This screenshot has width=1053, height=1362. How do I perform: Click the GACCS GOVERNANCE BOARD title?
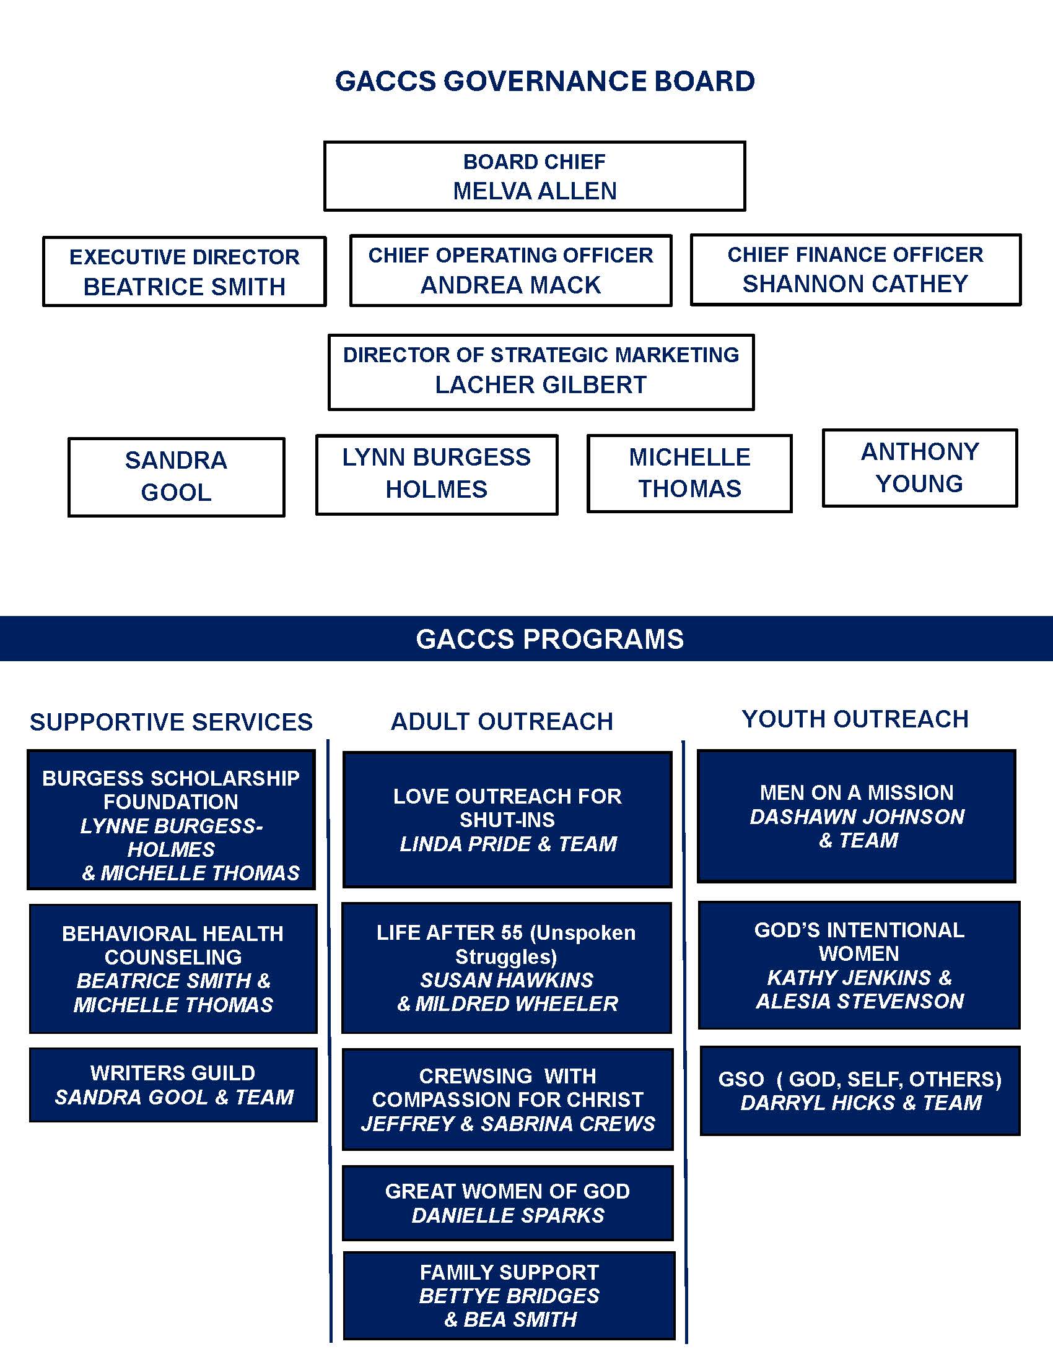(545, 82)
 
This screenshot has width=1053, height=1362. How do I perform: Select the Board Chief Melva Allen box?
(535, 176)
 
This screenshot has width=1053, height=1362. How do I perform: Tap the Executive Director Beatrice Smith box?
(184, 271)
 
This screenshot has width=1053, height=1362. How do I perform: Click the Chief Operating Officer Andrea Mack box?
(511, 270)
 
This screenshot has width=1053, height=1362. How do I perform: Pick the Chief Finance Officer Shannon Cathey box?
(856, 269)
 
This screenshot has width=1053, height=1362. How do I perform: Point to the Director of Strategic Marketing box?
(541, 372)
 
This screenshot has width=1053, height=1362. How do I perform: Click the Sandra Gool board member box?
(177, 477)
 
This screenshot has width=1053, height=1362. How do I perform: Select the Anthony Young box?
(920, 467)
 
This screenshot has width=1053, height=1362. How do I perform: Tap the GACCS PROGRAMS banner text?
(549, 640)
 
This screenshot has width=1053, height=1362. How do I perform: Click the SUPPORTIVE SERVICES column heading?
(172, 722)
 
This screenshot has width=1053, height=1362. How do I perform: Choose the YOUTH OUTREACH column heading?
(855, 719)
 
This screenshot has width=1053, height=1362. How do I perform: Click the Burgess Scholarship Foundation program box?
(171, 820)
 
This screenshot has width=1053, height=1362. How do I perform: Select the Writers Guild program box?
(173, 1085)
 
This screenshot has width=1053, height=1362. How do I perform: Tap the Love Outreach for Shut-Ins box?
(507, 820)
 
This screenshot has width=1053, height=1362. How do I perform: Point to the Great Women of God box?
(508, 1203)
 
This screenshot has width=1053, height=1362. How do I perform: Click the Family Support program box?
(509, 1295)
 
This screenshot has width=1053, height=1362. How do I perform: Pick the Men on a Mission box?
(857, 817)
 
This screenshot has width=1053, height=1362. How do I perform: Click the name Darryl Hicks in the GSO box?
(818, 1103)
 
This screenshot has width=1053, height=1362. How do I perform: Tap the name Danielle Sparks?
(508, 1215)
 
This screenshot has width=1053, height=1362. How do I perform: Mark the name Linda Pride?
(466, 844)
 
